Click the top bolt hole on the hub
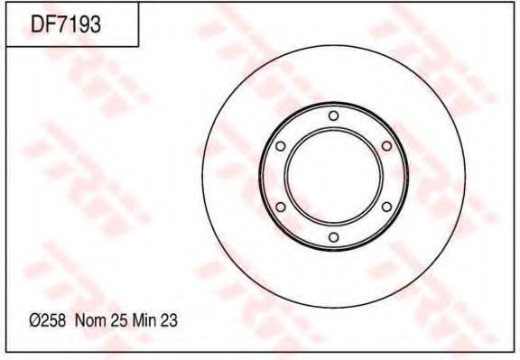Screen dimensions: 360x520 tap(333, 115)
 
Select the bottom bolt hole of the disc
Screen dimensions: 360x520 tap(333, 237)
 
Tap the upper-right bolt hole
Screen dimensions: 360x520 tap(386, 146)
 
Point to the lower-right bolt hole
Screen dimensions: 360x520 tap(386, 208)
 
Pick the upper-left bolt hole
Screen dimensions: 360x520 tap(280, 146)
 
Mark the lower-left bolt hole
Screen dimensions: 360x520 tap(280, 208)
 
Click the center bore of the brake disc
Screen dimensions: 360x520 tap(333, 177)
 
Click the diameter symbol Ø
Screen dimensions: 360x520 tap(34, 320)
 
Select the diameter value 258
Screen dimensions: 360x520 tap(51, 320)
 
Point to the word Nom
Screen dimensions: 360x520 tap(88, 320)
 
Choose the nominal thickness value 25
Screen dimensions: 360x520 tap(115, 320)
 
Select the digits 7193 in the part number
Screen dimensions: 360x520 tap(78, 24)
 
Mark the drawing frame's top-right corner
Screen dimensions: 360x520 tap(512, 5)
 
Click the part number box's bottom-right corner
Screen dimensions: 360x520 tap(138, 45)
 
